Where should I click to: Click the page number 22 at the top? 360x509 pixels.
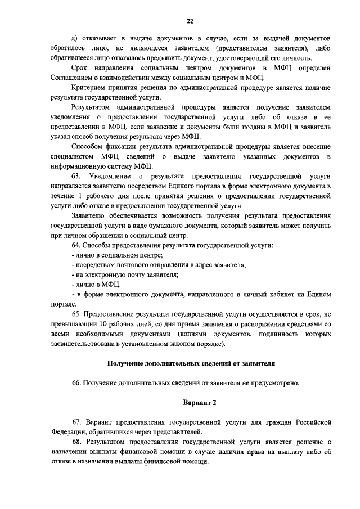point(190,21)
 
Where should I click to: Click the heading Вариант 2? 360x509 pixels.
point(199,403)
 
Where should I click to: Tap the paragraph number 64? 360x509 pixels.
point(76,246)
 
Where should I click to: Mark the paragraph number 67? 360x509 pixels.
point(76,422)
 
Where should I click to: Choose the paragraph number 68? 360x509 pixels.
point(76,442)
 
